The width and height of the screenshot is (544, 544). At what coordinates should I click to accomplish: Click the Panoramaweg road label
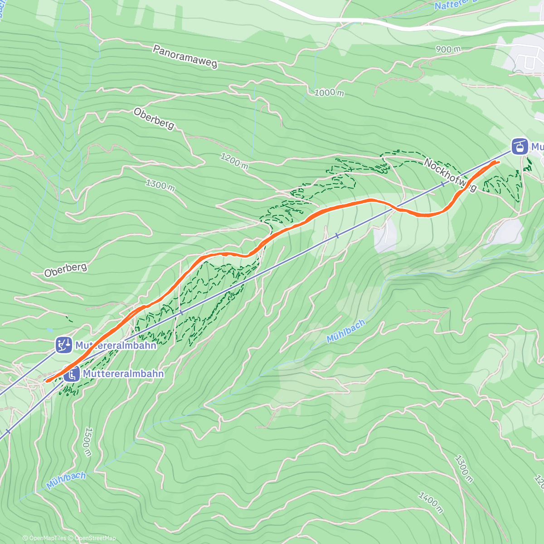pyautogui.click(x=185, y=57)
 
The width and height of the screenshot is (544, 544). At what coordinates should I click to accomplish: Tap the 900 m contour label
pyautogui.click(x=448, y=49)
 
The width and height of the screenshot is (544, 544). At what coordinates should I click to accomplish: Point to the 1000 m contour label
pyautogui.click(x=329, y=92)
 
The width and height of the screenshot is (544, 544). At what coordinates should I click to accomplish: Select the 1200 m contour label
pyautogui.click(x=234, y=161)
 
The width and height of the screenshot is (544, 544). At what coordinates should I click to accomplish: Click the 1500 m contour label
pyautogui.click(x=87, y=442)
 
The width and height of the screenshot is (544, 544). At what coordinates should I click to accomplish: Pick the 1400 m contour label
pyautogui.click(x=430, y=502)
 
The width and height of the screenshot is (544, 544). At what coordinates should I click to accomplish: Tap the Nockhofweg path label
pyautogui.click(x=450, y=175)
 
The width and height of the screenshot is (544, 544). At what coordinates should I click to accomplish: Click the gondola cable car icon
pyautogui.click(x=520, y=146)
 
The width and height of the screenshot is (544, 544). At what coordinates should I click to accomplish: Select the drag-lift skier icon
pyautogui.click(x=63, y=345)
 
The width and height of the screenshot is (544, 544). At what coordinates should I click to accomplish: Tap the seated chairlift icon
pyautogui.click(x=71, y=374)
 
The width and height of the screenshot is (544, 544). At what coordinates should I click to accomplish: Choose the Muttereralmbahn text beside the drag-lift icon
pyautogui.click(x=116, y=345)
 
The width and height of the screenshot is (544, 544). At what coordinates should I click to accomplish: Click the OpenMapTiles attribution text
pyautogui.click(x=45, y=538)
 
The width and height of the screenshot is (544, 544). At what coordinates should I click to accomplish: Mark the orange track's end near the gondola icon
pyautogui.click(x=499, y=162)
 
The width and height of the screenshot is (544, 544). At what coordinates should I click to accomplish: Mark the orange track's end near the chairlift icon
pyautogui.click(x=47, y=381)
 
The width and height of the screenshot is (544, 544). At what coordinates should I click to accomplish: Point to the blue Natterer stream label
pyautogui.click(x=449, y=6)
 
